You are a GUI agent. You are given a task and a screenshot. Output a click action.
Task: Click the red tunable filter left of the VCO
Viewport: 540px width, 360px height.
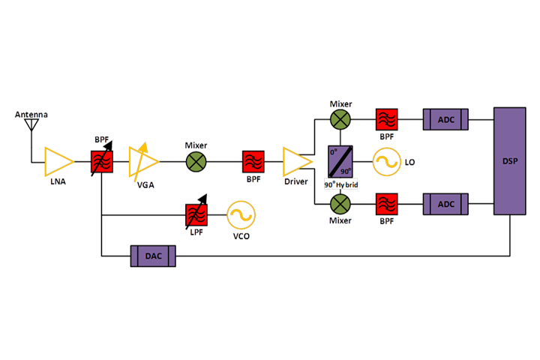pos(196,215)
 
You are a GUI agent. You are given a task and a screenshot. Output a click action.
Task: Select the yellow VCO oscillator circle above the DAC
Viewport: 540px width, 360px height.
pos(241,215)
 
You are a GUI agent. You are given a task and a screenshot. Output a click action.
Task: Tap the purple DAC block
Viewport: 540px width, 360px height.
pos(154,256)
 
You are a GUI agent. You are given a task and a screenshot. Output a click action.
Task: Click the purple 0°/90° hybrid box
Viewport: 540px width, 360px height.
pos(339,161)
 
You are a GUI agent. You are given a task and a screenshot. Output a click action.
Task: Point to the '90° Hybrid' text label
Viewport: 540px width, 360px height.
pos(340,184)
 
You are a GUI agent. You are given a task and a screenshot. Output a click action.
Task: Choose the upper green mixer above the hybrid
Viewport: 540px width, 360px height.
pos(340,118)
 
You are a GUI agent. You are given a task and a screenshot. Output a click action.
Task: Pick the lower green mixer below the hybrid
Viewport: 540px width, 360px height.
pos(340,204)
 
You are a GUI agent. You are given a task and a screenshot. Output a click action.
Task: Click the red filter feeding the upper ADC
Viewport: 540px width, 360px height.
pos(387,118)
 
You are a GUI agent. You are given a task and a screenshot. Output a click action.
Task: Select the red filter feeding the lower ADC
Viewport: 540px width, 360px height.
pos(387,204)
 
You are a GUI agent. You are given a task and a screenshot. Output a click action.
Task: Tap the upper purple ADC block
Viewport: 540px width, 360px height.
pos(445,118)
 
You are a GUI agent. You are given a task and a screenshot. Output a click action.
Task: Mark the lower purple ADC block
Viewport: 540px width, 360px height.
pos(445,204)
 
